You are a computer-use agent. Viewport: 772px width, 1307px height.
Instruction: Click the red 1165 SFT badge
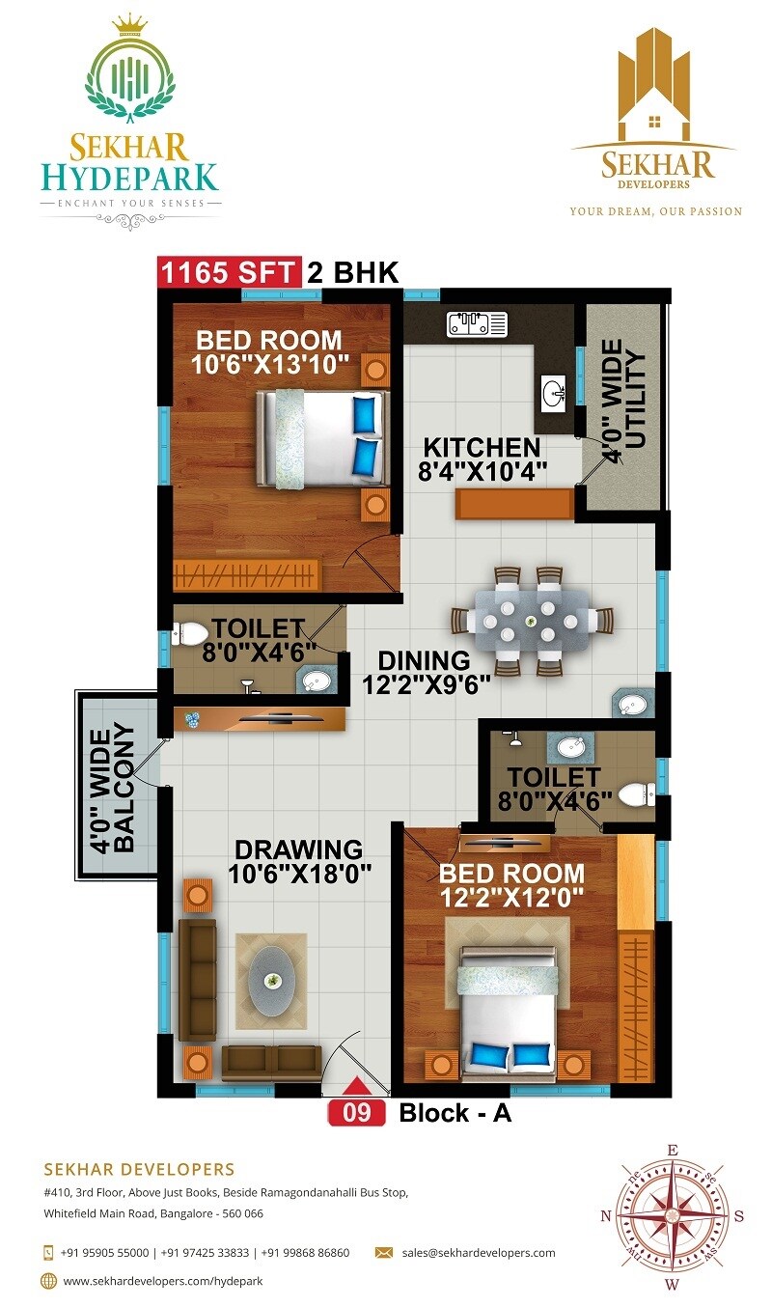point(228,272)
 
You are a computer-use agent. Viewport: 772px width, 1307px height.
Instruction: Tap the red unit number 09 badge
point(356,1113)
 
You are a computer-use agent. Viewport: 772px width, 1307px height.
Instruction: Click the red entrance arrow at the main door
point(356,1087)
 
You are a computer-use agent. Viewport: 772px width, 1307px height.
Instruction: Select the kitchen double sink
point(477,324)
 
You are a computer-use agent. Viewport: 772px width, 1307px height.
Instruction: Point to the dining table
point(529,621)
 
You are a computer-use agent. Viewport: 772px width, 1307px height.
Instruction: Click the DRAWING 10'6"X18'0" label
point(298,862)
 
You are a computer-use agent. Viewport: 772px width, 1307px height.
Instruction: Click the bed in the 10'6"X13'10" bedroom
point(321,437)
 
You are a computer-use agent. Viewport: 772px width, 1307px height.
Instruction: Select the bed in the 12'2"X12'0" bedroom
point(507,1014)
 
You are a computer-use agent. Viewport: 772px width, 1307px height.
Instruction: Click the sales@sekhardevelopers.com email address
point(479,1253)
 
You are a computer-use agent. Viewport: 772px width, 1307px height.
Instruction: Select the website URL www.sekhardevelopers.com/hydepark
point(162,1281)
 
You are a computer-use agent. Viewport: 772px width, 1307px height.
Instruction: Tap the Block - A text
point(455,1113)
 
